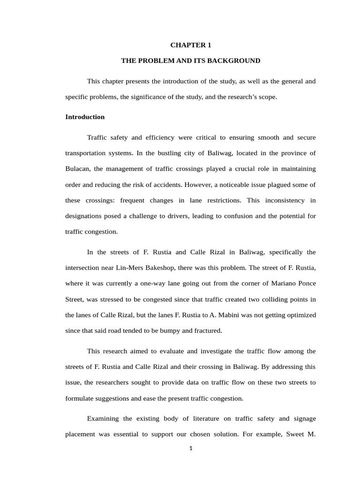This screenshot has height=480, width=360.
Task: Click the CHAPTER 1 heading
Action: point(190,45)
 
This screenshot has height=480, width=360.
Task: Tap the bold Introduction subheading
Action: point(85,117)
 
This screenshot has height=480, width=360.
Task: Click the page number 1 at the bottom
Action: point(191,448)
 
